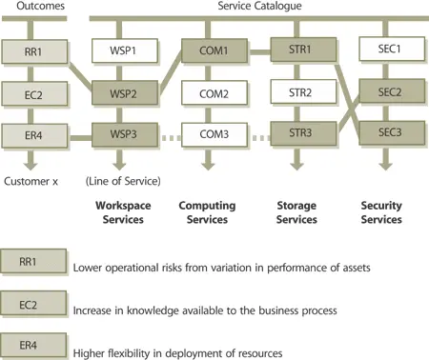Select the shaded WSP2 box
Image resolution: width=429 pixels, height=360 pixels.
[x=118, y=94]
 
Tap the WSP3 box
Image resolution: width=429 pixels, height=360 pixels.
[x=118, y=135]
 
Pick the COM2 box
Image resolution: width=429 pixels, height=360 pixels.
[x=207, y=94]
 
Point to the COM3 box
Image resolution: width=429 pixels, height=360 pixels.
[x=207, y=135]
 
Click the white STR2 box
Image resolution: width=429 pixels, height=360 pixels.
[x=296, y=92]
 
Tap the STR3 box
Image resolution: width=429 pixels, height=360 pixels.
[x=296, y=133]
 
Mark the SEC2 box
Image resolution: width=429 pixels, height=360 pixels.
[x=384, y=92]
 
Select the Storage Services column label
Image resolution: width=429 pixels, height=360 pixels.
[x=296, y=212]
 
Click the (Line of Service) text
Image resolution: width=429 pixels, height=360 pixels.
[x=121, y=181]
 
